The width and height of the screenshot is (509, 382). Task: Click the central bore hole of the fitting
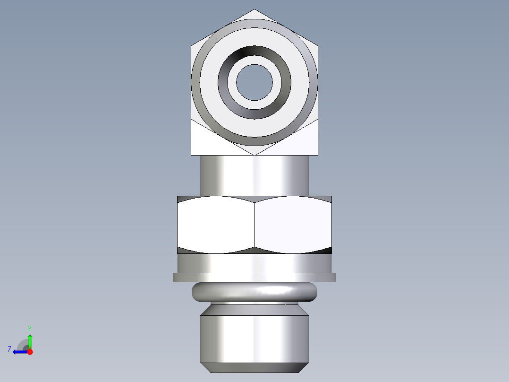pos(254,82)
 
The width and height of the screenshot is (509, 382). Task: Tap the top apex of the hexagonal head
pos(254,10)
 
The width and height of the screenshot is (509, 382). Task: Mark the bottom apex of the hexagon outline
pos(254,155)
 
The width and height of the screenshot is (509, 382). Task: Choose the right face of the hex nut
pos(293,225)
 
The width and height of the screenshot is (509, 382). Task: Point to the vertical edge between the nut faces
pos(254,225)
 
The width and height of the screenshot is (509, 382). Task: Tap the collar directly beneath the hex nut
pos(254,263)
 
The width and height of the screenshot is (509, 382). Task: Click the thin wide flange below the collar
pos(254,278)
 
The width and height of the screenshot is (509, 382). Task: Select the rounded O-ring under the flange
pos(254,293)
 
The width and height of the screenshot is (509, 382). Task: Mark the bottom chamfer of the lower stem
pos(254,368)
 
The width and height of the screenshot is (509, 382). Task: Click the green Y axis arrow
pos(30,339)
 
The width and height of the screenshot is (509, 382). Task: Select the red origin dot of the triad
pos(30,352)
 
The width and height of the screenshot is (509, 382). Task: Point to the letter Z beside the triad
pos(9,349)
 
